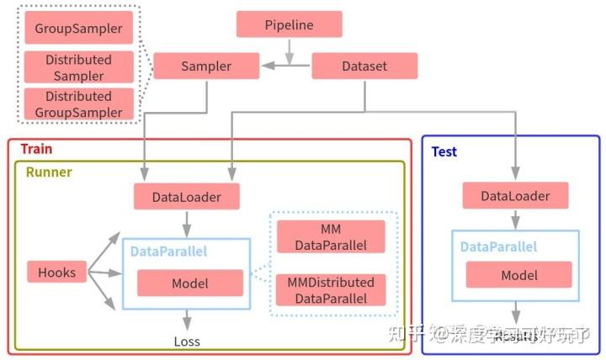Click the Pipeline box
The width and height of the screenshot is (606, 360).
tap(289, 24)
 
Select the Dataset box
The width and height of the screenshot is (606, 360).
tap(364, 66)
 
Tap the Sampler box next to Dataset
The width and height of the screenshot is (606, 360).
tap(206, 66)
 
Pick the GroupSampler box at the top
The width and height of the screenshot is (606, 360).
tap(78, 29)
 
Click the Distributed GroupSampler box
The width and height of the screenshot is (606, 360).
tap(78, 104)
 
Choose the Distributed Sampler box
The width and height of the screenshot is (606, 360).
tap(78, 67)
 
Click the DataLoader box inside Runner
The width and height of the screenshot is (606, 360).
tap(187, 197)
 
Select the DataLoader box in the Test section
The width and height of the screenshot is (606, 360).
tap(515, 196)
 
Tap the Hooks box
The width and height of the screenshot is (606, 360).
tap(56, 272)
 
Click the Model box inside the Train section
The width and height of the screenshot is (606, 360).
tap(189, 283)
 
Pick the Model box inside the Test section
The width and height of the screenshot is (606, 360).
tap(518, 275)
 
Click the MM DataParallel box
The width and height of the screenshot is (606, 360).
tap(330, 236)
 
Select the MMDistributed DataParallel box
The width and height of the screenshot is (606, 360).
tap(330, 289)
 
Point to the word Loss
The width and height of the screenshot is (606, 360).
tap(187, 341)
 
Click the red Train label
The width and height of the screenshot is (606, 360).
tap(36, 149)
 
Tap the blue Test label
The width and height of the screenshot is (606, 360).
tap(444, 151)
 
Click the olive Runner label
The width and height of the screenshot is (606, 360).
tap(48, 172)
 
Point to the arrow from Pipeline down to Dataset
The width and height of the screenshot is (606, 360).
tap(289, 51)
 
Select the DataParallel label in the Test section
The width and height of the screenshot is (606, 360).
tap(498, 247)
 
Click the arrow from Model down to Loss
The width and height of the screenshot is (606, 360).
tap(188, 319)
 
